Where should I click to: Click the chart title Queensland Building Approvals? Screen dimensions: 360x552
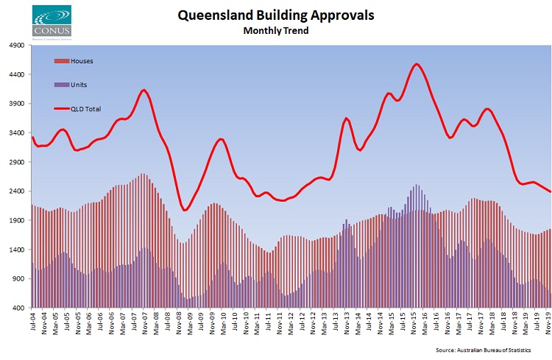pos(275,15)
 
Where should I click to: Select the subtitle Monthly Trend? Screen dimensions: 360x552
pos(275,31)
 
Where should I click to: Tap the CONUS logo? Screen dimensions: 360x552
pos(52,20)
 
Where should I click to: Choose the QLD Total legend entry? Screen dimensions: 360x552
pos(85,109)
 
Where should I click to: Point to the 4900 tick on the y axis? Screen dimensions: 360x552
pos(16,46)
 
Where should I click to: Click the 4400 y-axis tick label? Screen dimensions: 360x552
pos(16,74)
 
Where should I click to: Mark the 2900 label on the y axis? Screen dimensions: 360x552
pos(16,162)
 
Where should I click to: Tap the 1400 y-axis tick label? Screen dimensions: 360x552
pos(16,250)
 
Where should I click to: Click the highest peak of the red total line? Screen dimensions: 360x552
pos(417,64)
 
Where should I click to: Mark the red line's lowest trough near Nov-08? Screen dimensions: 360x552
pos(185,210)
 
